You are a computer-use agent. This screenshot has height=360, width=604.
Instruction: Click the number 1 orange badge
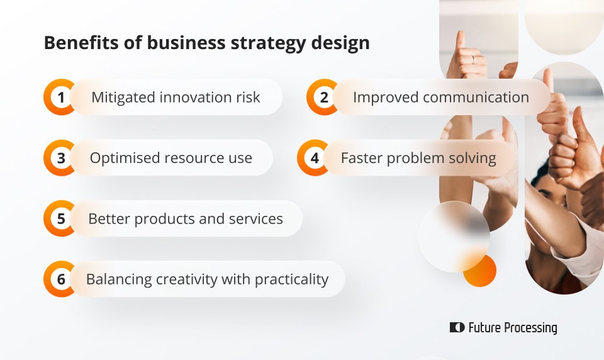pyautogui.click(x=60, y=97)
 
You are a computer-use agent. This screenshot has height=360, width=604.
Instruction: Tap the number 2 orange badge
pyautogui.click(x=323, y=97)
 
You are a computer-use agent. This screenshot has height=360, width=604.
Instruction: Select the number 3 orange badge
pyautogui.click(x=60, y=158)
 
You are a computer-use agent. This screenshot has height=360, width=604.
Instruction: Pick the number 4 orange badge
pyautogui.click(x=314, y=158)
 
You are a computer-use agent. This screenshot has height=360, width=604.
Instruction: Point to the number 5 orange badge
pyautogui.click(x=60, y=218)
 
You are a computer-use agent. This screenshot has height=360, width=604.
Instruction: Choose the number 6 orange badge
pyautogui.click(x=60, y=279)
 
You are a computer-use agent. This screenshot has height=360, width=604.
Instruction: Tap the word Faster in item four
pyautogui.click(x=362, y=158)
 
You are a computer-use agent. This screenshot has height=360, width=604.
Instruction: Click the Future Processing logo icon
pyautogui.click(x=457, y=327)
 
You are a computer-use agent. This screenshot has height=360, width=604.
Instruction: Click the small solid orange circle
pyautogui.click(x=480, y=271)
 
